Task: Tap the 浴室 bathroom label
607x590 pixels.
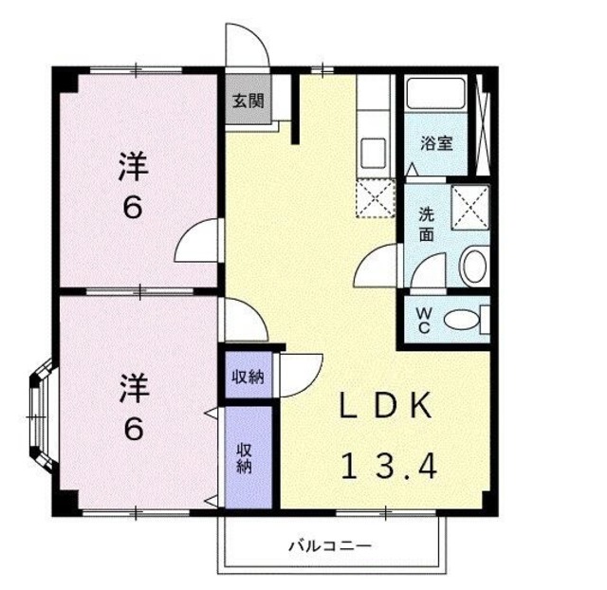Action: coord(436,144)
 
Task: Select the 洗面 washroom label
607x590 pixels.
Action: coord(427,224)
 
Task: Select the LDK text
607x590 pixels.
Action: coord(387,407)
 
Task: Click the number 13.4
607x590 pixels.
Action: coord(387,466)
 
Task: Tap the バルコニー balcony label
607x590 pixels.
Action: coord(329,545)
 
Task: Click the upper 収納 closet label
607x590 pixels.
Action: coord(248,378)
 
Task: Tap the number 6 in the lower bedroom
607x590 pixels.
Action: coord(134,429)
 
